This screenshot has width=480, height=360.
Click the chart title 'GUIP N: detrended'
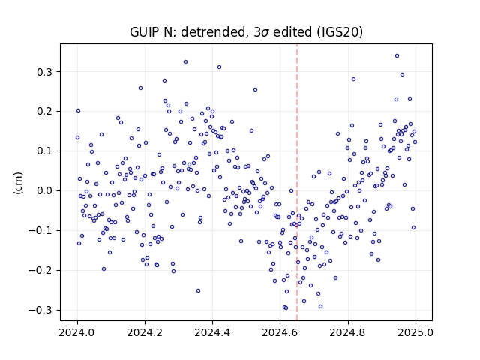[x=190, y=32]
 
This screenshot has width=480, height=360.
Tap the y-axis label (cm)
[x=18, y=183]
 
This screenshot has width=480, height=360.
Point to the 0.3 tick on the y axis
[x=45, y=72]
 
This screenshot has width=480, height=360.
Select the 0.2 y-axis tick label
[x=45, y=112]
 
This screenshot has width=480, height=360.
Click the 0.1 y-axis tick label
[x=45, y=151]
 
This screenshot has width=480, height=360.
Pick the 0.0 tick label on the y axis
[x=45, y=191]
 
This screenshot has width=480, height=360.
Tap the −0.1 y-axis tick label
[x=40, y=230]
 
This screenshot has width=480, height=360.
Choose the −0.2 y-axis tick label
[x=40, y=270]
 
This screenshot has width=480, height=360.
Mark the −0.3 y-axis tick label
[x=40, y=310]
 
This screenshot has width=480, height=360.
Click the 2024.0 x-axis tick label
[x=77, y=332]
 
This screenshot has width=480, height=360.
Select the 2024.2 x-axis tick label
[x=145, y=332]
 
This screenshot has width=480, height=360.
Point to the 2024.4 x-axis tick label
[x=212, y=332]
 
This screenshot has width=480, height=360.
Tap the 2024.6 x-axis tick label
[x=280, y=332]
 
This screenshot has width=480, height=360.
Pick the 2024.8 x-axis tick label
[x=348, y=332]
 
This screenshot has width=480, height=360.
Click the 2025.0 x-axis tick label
[x=415, y=332]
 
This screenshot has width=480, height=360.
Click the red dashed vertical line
[x=297, y=182]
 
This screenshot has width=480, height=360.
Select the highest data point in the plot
[x=397, y=56]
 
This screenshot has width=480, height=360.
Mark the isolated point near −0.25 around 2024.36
[x=198, y=291]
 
